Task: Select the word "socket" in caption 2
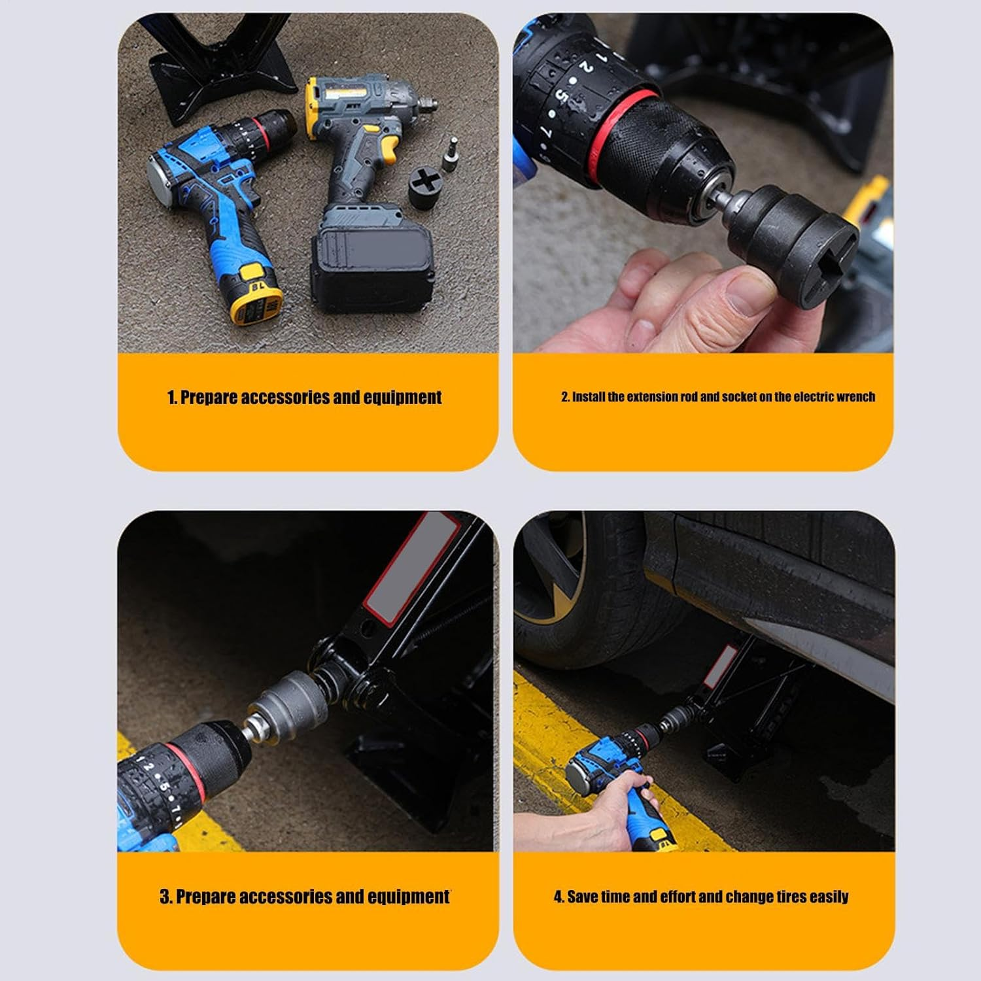click(740, 397)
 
